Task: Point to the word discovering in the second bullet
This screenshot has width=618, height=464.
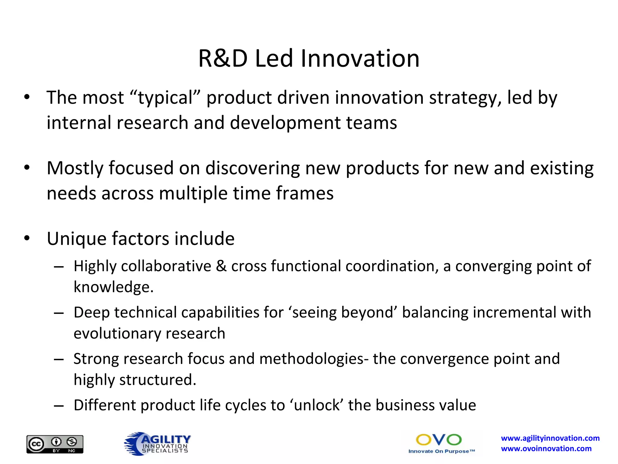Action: pyautogui.click(x=253, y=168)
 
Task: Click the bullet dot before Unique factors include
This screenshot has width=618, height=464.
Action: pyautogui.click(x=27, y=238)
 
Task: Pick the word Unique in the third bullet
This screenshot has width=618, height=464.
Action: pyautogui.click(x=76, y=239)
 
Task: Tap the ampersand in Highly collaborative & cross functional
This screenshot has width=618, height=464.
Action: pyautogui.click(x=221, y=266)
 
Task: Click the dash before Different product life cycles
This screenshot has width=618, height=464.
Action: pyautogui.click(x=59, y=406)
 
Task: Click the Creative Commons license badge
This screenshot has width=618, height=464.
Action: pyautogui.click(x=55, y=444)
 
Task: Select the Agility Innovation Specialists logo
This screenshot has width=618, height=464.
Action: pyautogui.click(x=157, y=443)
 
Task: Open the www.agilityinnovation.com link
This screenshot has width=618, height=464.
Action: pyautogui.click(x=550, y=438)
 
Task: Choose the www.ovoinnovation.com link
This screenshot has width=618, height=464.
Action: pyautogui.click(x=546, y=449)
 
